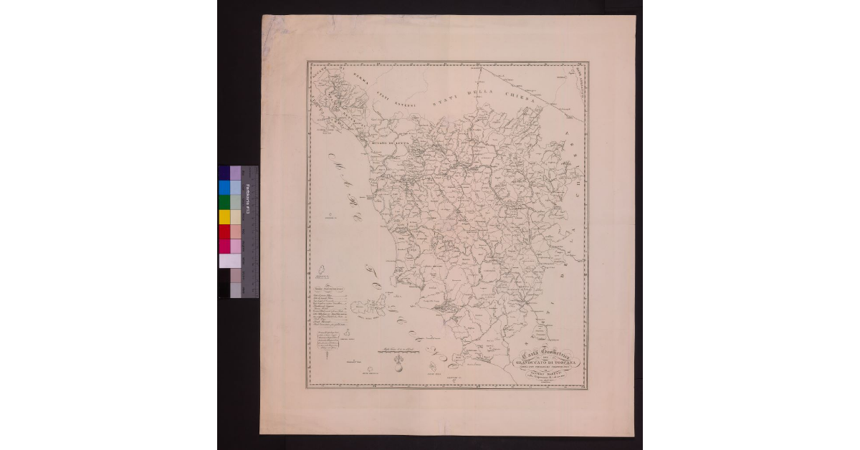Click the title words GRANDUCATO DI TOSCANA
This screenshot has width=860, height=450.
(x=550, y=363)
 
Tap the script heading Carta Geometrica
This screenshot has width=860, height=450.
(x=548, y=353)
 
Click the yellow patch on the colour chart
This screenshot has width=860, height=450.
(x=224, y=216)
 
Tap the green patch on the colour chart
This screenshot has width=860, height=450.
(x=224, y=202)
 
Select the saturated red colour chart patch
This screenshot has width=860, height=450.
(x=224, y=231)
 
